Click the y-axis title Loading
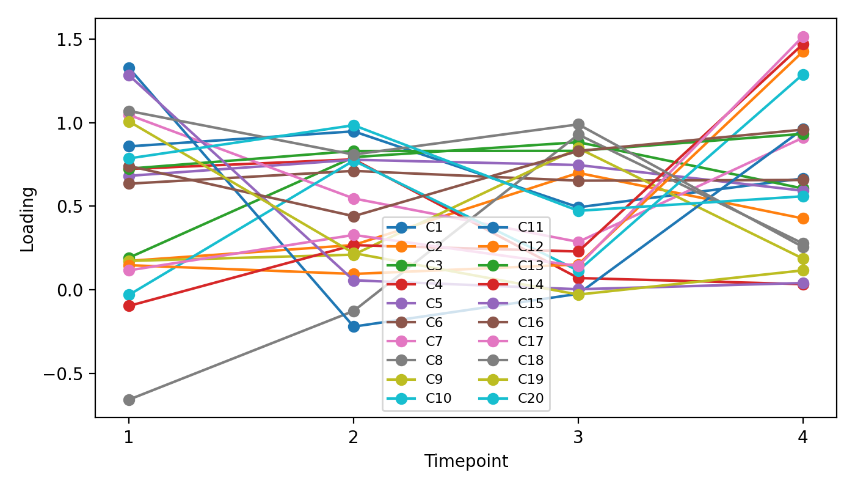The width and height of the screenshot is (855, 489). pos(27,219)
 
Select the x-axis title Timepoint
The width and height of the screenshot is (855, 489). pos(466,461)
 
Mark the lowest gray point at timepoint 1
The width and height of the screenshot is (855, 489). pos(129,400)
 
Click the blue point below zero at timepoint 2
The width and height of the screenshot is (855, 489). pos(354,326)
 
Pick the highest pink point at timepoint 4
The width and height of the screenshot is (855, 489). pos(803,37)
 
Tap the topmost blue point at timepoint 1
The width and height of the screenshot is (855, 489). pos(129,68)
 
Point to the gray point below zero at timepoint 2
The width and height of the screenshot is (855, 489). pos(354,311)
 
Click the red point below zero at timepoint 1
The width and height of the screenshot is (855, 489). pos(129,306)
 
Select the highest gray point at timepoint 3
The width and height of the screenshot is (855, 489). pos(578,125)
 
